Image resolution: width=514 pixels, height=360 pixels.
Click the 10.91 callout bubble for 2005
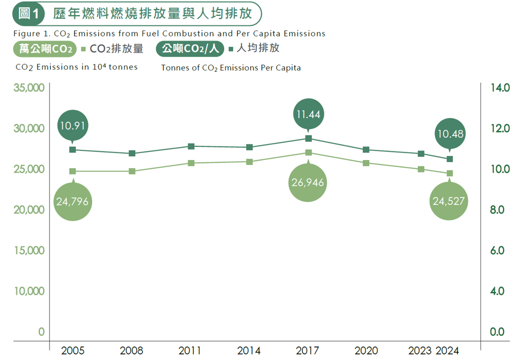[x=73, y=125]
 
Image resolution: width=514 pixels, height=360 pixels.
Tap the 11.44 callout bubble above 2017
[x=308, y=114]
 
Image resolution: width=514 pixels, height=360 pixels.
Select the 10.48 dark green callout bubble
[x=449, y=133]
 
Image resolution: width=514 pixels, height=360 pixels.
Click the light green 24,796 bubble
[x=73, y=201]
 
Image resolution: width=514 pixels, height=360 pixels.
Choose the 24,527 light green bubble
[x=449, y=201]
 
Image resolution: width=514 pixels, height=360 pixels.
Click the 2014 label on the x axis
[x=249, y=350]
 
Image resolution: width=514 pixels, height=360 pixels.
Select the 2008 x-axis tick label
[x=132, y=350]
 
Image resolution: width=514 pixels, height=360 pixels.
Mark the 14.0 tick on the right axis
[x=499, y=88]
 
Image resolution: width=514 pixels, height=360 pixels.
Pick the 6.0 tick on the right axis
[x=499, y=250]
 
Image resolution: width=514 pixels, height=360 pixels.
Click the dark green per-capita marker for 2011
[x=191, y=146]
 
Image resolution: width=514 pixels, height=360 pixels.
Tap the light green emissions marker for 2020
[x=366, y=163]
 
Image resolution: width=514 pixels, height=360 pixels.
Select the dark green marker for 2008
[x=132, y=153]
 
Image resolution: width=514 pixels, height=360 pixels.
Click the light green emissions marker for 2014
[x=249, y=161]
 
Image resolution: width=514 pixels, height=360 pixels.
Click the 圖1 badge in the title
[x=29, y=14]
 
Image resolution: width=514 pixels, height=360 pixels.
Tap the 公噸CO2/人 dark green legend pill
[x=190, y=49]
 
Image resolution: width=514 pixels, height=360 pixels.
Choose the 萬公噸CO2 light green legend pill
[x=46, y=49]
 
